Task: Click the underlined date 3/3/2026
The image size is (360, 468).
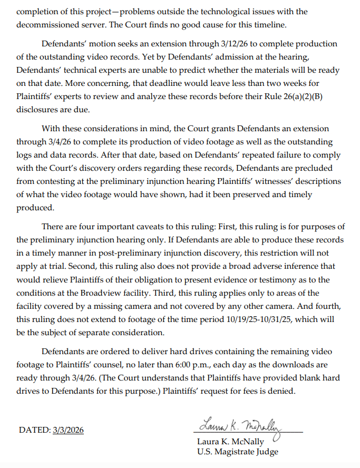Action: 68,430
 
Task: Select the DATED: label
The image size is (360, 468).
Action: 35,430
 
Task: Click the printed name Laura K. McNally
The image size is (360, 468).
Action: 230,442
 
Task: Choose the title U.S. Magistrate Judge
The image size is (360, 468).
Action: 238,452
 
